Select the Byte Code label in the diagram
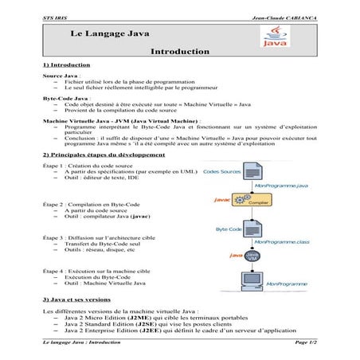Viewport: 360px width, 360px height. coord(228,229)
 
